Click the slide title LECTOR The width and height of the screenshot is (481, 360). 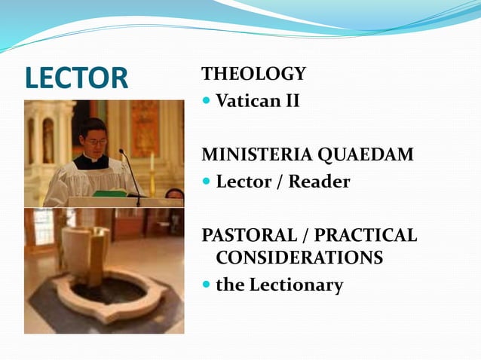pyautogui.click(x=76, y=78)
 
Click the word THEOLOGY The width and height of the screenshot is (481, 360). pyautogui.click(x=253, y=74)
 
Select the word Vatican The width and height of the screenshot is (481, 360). pyautogui.click(x=246, y=100)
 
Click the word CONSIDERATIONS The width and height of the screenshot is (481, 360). pyautogui.click(x=299, y=258)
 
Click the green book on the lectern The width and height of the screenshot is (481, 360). pyautogui.click(x=110, y=193)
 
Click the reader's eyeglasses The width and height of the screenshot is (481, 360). pyautogui.click(x=95, y=141)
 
